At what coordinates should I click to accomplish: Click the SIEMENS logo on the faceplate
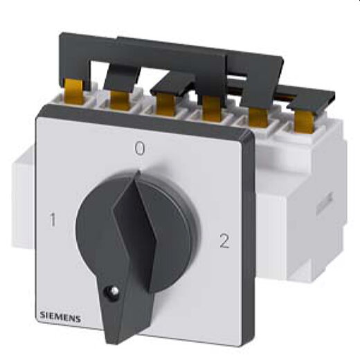pyautogui.click(x=60, y=318)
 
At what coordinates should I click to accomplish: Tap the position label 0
pyautogui.click(x=140, y=149)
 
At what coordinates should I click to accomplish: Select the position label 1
pyautogui.click(x=53, y=219)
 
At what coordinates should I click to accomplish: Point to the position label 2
pyautogui.click(x=224, y=241)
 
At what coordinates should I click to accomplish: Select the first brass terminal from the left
pyautogui.click(x=74, y=91)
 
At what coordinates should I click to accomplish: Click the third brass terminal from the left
pyautogui.click(x=165, y=105)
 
